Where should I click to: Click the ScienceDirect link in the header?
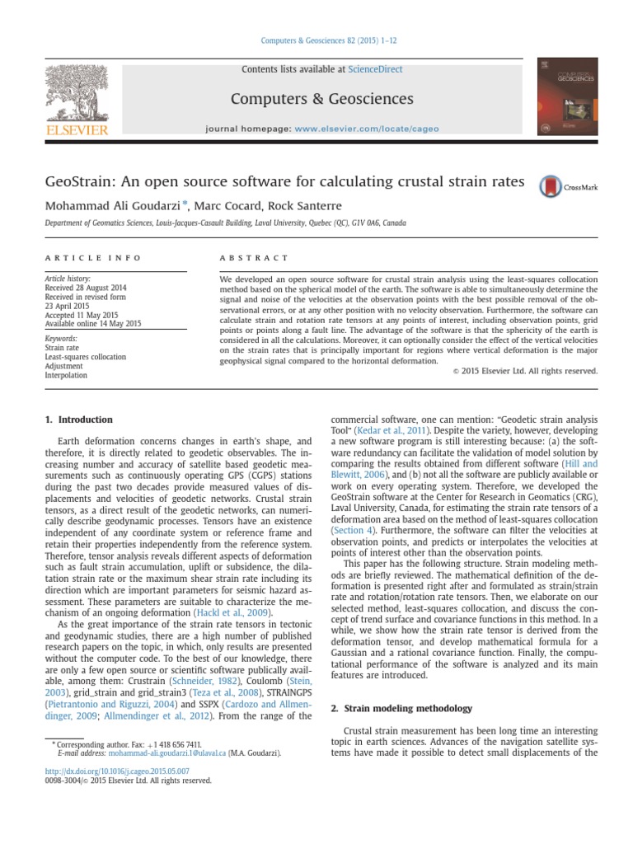click(376, 70)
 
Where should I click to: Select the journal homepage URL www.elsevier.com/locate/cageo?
click(367, 129)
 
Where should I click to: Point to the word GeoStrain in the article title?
click(81, 181)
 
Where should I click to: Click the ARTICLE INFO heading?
click(92, 258)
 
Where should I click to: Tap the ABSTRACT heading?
click(254, 258)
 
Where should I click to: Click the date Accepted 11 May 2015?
click(81, 315)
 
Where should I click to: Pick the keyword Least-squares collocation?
click(86, 357)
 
